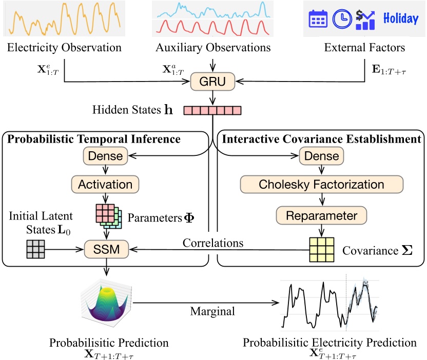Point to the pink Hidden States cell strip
[x=212, y=110]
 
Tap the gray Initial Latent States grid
[x=35, y=250]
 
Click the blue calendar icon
[x=317, y=19]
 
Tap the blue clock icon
[x=340, y=19]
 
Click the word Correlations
[x=213, y=242]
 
